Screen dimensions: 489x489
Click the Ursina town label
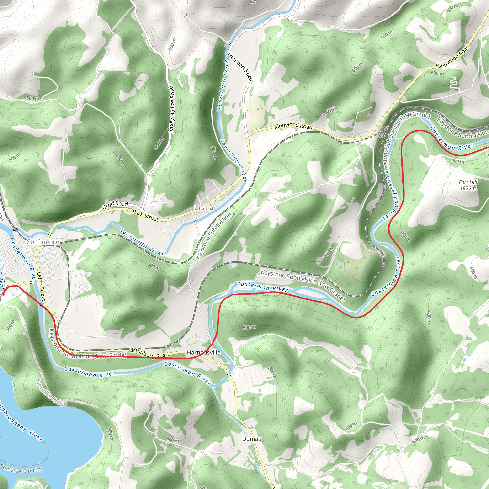coord(203,208)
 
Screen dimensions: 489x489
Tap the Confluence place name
coord(43,242)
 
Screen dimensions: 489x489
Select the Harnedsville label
coord(203,353)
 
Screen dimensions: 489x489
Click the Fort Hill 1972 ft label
coord(468,185)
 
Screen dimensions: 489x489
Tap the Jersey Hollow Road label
coord(172,109)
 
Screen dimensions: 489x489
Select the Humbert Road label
coord(240,67)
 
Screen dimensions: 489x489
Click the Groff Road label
coord(115,205)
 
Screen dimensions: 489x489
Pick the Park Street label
coord(145,216)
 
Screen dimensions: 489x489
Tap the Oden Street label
coord(41,287)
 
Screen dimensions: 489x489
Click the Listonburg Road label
coord(149,353)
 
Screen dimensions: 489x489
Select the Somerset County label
coord(21,469)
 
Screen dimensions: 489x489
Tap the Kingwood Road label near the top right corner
coord(452,56)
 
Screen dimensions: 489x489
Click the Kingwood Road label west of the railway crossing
coord(293,126)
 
